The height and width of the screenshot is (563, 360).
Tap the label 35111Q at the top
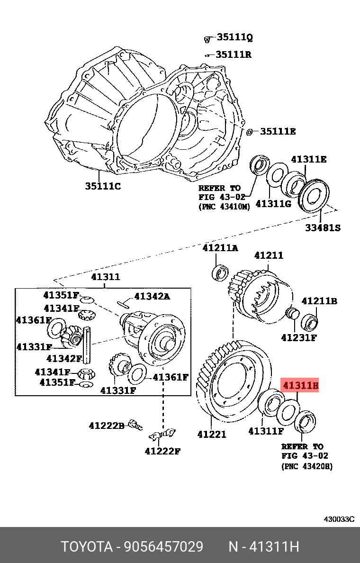tap(234, 37)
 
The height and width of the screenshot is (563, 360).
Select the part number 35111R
tap(234, 54)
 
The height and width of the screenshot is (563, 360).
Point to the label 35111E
tap(278, 131)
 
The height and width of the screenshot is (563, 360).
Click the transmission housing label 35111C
tap(103, 186)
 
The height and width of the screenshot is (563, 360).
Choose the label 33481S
tap(322, 228)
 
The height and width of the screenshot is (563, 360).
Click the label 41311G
tap(273, 204)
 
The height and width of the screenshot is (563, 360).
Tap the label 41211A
tap(220, 248)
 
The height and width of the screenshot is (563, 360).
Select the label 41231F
tap(298, 338)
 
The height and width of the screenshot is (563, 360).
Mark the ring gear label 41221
tap(212, 434)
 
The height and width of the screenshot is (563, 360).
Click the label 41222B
tap(106, 426)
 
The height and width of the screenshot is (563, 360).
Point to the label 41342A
tap(152, 296)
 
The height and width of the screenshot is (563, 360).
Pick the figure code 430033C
tap(339, 519)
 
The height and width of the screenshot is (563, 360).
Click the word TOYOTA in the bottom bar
tap(86, 547)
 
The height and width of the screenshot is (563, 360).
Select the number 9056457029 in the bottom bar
tap(163, 547)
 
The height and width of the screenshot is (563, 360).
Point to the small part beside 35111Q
tap(207, 37)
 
